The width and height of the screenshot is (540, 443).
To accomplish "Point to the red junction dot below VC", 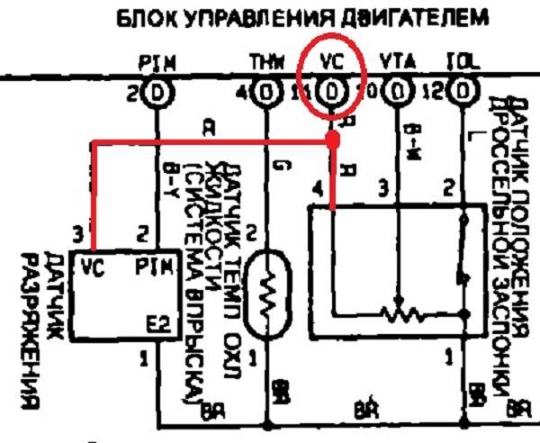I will (332, 140).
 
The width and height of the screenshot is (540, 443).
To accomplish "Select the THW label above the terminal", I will (266, 62).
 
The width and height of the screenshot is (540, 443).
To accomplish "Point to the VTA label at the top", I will (396, 62).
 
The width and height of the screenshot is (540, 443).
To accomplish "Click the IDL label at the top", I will (461, 62).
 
